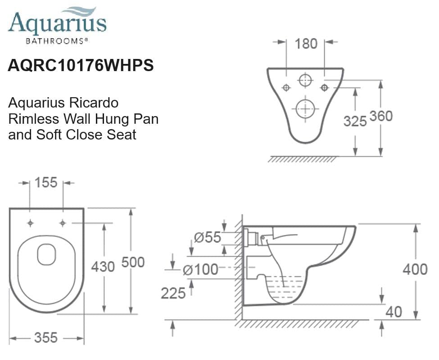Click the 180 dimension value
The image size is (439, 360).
tap(306, 44)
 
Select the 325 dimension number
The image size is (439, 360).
tap(355, 121)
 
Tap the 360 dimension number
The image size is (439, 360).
tap(381, 116)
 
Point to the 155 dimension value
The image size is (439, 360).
tap(46, 182)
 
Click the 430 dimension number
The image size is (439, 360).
tap(103, 266)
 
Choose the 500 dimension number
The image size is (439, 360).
tap(133, 262)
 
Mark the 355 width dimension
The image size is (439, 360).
tap(46, 337)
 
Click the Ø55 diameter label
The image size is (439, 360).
tap(207, 237)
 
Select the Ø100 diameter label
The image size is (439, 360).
tap(200, 270)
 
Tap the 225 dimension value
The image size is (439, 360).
tap(173, 293)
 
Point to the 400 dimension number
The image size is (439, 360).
tap(415, 269)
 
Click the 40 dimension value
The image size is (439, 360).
tap(394, 311)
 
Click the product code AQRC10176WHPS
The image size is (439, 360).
tap(81, 66)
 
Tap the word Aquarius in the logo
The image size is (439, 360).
tap(57, 23)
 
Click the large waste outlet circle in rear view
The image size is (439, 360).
tap(305, 109)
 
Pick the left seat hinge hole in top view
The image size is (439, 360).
tap(30, 223)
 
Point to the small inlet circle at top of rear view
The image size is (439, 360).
tap(305, 81)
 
